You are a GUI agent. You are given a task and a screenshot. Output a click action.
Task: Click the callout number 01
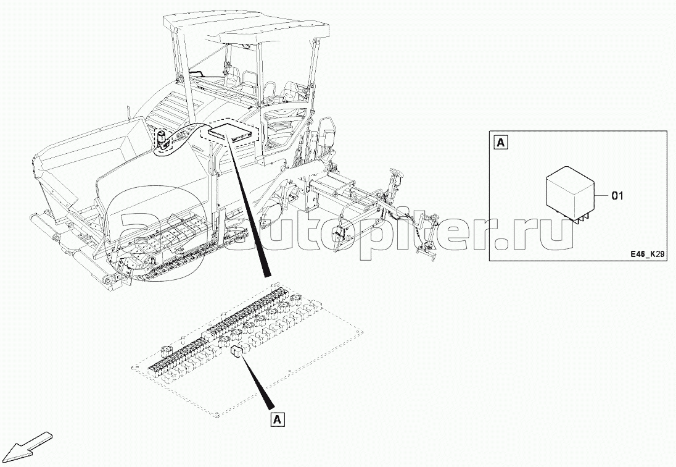(617, 196)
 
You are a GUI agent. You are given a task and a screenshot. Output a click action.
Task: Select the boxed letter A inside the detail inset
(501, 143)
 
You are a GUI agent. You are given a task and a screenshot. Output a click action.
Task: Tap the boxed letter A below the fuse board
(278, 419)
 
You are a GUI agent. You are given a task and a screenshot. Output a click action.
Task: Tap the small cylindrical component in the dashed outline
(160, 140)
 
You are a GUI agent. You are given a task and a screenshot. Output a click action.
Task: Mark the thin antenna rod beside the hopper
(128, 113)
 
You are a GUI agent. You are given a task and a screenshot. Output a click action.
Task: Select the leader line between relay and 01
(601, 196)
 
